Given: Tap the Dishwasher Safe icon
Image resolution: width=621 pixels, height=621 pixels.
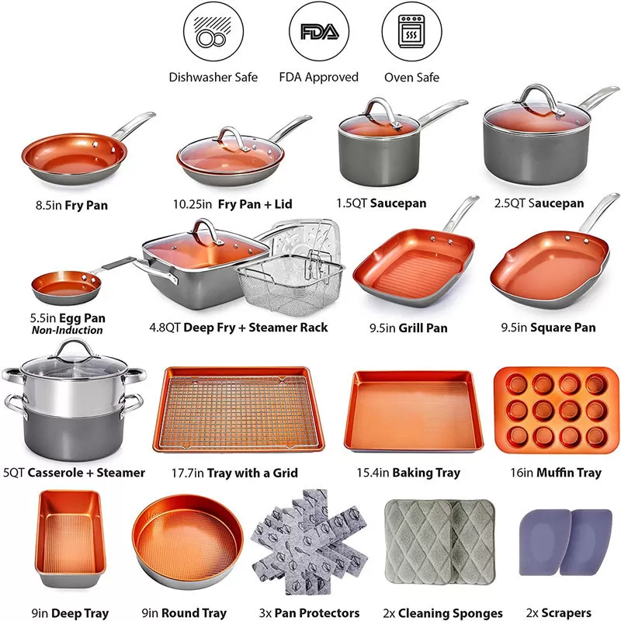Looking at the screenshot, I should [213, 33].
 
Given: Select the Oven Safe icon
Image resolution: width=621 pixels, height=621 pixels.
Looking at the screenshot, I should [411, 33].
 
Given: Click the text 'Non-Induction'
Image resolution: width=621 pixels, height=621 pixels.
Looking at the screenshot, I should [68, 331].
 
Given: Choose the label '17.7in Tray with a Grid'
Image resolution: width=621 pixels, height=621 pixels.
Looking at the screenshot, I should [234, 473].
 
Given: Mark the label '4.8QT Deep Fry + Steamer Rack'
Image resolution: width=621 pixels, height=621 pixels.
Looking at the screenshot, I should [238, 327].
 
